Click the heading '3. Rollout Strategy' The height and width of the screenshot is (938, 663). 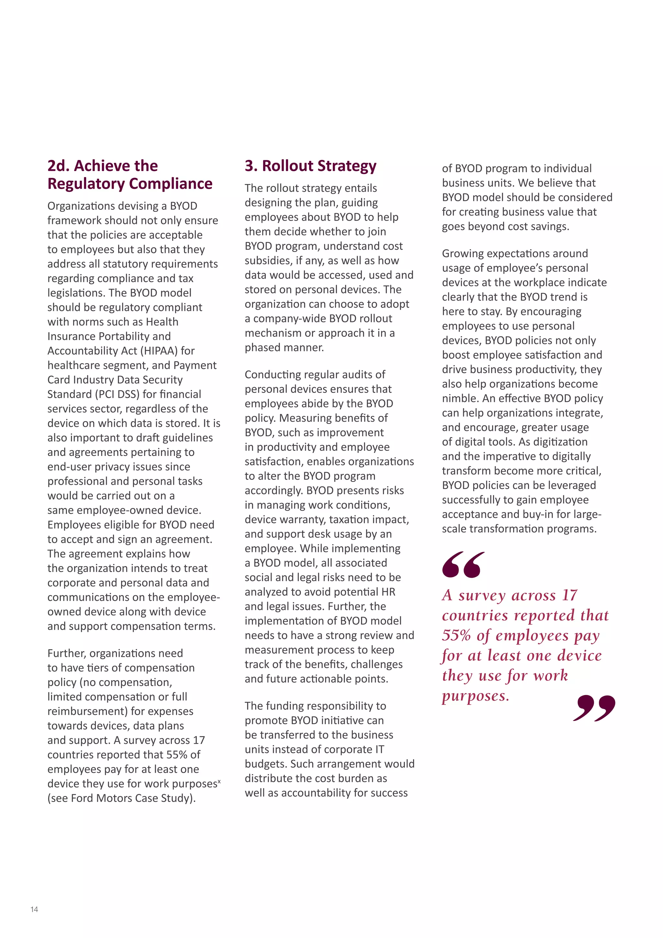click(310, 166)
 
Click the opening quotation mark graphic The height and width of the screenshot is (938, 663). click(463, 565)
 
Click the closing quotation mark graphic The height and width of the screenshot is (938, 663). click(594, 708)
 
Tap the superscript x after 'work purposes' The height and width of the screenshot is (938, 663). click(219, 781)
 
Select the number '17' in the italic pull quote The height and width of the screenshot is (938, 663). click(569, 596)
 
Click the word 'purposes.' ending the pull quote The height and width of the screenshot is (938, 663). click(476, 696)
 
